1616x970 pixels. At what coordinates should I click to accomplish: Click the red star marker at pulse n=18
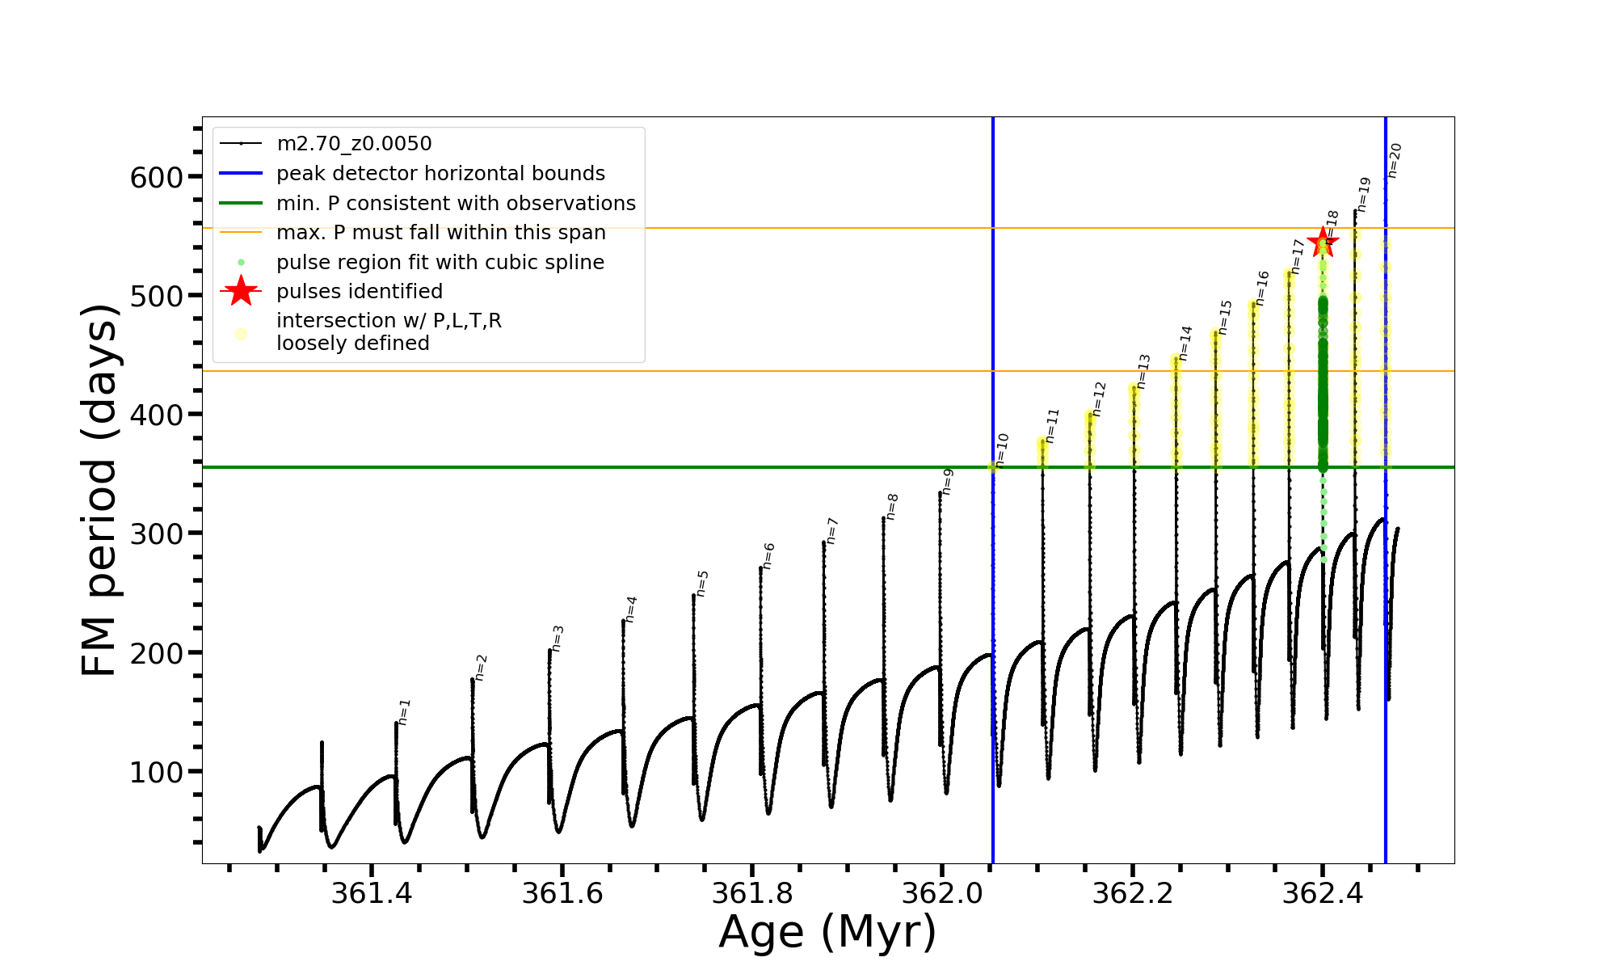[x=1323, y=242]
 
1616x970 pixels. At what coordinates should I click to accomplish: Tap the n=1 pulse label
[x=405, y=711]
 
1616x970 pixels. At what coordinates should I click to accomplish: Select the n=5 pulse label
[x=702, y=583]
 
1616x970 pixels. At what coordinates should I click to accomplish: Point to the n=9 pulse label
[x=948, y=481]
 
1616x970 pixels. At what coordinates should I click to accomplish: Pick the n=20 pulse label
[x=1394, y=160]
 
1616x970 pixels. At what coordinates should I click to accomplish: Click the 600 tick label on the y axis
[x=157, y=177]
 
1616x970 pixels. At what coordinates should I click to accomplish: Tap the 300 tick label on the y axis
[x=157, y=533]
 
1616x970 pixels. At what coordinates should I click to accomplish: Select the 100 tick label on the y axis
[x=157, y=772]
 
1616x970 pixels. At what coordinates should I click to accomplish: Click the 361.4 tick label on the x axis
[x=372, y=893]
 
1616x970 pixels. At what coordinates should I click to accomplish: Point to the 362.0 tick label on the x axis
[x=942, y=893]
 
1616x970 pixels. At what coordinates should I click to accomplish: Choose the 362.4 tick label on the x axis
[x=1323, y=893]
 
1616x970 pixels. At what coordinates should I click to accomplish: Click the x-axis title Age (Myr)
[x=827, y=932]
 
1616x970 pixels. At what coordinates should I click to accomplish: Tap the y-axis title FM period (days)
[x=100, y=490]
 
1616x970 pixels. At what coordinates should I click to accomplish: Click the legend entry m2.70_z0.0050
[x=354, y=144]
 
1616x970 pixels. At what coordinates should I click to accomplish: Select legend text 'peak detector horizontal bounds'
[x=440, y=174]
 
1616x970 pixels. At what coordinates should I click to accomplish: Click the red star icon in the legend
[x=241, y=291]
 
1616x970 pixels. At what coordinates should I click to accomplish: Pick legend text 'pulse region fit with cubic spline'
[x=440, y=263]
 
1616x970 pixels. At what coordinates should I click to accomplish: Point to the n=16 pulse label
[x=1262, y=288]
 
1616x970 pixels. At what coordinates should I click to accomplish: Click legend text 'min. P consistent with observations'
[x=456, y=204]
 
